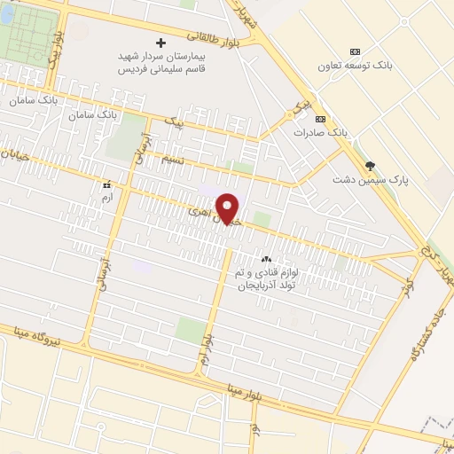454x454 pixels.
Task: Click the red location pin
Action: coord(229,208)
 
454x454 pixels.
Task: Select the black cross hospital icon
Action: coord(160,42)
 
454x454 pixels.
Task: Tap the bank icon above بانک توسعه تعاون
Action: coord(356,51)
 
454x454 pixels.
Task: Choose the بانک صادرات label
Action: coord(320,132)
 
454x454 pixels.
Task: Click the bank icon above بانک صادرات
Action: coord(320,118)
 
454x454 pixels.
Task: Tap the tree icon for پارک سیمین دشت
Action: coord(370,165)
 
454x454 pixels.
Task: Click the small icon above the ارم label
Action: coord(107,184)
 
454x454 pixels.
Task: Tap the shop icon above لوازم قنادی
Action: coord(266,258)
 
